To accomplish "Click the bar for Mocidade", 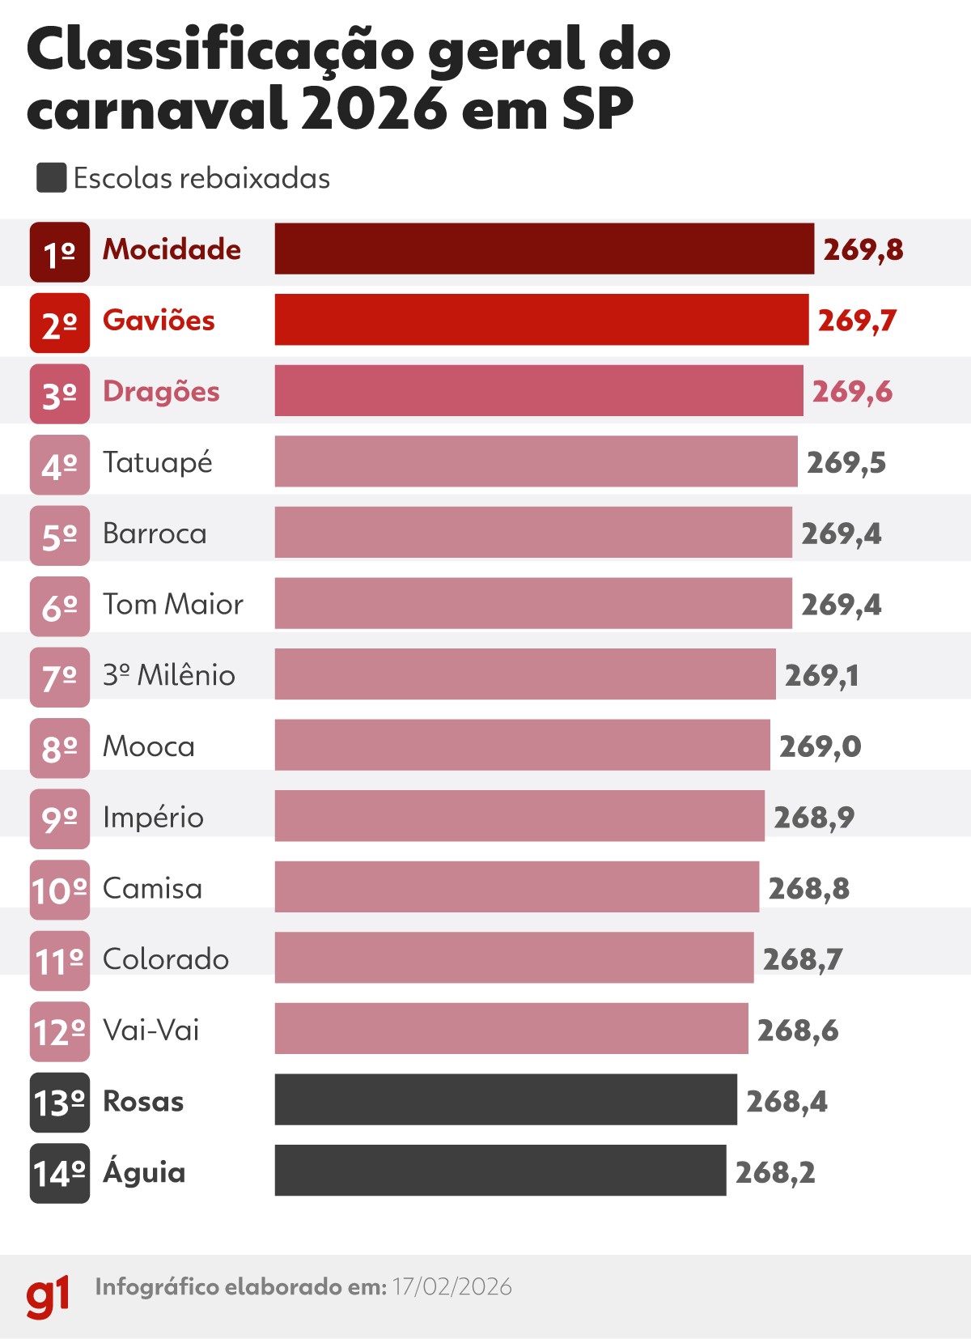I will coord(544,249).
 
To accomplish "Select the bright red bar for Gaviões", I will coord(541,320).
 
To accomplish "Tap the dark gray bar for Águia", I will coord(500,1170).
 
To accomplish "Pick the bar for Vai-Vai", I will coord(511,1028).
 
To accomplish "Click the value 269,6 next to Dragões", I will coord(852,392).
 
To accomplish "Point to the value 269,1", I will coord(821,675).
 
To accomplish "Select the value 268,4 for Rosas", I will coord(787,1101).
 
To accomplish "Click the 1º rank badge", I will coord(60,252).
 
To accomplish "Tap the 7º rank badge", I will coord(60,677).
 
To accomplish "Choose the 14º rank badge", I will coord(60,1173).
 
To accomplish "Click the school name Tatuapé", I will coord(158,463).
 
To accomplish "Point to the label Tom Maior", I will coord(172,604).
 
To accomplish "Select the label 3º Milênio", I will coord(168,674).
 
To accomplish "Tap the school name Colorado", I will coord(166,959).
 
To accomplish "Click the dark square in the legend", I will coord(51,178).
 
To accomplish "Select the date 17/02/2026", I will coord(452,1286).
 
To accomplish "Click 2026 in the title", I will coord(374,108).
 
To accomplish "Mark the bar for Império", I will coord(519,816).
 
